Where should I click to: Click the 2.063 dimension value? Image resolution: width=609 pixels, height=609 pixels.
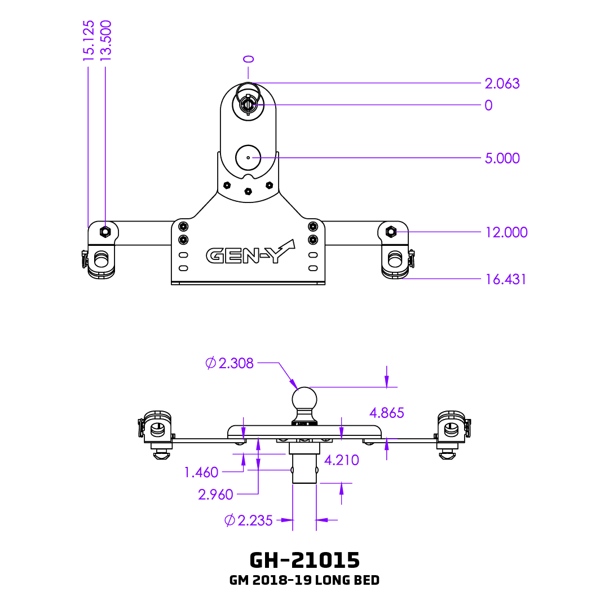tap(502, 83)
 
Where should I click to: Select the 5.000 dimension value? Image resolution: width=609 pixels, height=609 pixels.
tap(502, 158)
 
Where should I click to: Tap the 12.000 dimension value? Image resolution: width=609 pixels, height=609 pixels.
tap(506, 232)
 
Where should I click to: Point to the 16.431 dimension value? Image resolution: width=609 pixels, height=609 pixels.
tap(505, 279)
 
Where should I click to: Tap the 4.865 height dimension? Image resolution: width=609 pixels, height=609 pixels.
tap(386, 413)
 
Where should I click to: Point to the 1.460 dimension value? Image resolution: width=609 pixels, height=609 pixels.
tap(201, 472)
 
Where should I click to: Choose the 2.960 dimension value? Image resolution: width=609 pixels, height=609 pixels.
tap(215, 495)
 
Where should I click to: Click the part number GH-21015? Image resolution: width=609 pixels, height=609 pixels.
tap(304, 560)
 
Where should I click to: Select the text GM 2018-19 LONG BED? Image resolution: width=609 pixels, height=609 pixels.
tap(304, 580)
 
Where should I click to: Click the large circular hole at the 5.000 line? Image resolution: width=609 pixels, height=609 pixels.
tap(248, 158)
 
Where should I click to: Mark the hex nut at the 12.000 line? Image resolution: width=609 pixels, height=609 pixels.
tap(390, 231)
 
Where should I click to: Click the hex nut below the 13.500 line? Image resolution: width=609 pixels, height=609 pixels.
tap(104, 231)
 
